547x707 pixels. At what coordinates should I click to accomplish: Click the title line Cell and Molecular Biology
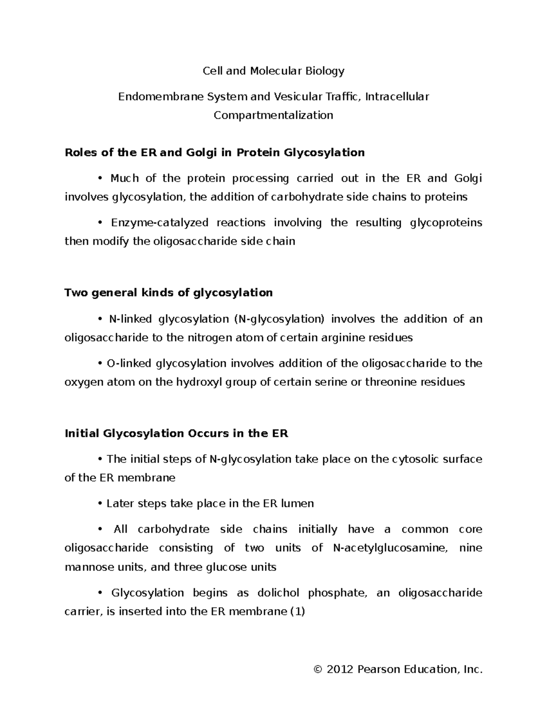coord(273,71)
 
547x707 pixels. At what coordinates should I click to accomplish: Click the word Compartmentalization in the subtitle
coord(273,115)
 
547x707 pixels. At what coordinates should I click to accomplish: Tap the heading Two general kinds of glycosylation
coord(169,293)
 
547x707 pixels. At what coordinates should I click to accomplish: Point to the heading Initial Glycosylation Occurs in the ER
coord(176,433)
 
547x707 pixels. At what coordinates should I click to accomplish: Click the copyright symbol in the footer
coord(318,669)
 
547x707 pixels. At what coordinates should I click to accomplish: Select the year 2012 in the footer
coord(340,669)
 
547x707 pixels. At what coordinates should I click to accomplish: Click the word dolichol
coord(279,593)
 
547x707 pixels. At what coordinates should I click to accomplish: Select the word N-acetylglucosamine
coord(387,548)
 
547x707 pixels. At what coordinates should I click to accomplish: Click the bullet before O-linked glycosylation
coord(101,364)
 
